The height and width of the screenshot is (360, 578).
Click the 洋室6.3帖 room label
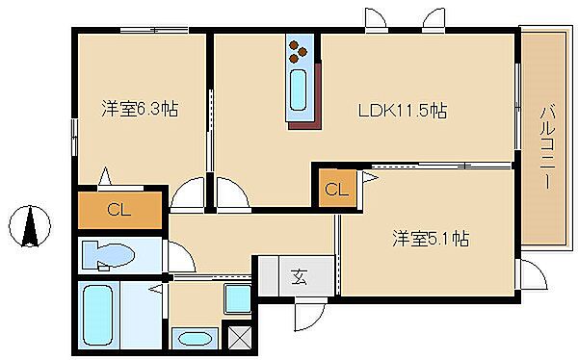[x=140, y=109]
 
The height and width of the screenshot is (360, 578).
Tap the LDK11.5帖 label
[x=403, y=111]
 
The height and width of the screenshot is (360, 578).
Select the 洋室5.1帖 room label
[x=431, y=239]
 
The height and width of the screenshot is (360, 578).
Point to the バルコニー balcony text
[x=547, y=147]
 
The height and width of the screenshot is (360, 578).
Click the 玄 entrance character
[x=299, y=276]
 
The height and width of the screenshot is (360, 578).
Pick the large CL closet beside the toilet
[x=119, y=210]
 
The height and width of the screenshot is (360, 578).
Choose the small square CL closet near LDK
[x=337, y=189]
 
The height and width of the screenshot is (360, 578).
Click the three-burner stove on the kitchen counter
[x=298, y=52]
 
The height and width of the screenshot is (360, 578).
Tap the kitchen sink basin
[x=299, y=90]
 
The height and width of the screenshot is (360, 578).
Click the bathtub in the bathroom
[x=98, y=315]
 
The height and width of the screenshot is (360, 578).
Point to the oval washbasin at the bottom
[x=195, y=339]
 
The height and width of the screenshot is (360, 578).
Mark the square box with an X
[x=240, y=338]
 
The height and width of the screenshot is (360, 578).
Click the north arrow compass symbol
[x=30, y=226]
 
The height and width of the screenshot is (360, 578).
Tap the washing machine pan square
[x=238, y=298]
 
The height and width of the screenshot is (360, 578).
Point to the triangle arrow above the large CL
[x=105, y=176]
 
